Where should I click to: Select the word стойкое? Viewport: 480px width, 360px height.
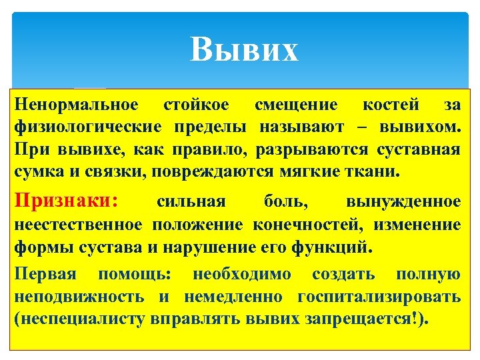coord(196,105)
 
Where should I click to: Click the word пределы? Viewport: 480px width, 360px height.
coord(213,127)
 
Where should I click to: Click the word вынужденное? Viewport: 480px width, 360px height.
coord(403,201)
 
